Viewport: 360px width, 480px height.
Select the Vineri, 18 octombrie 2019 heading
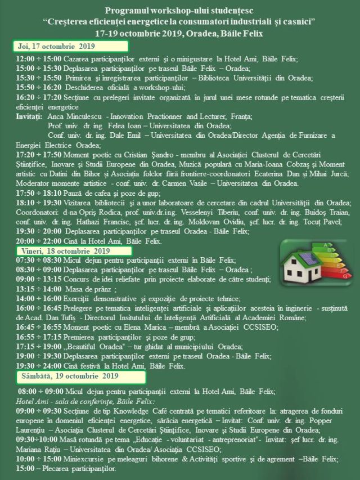(x=65, y=250)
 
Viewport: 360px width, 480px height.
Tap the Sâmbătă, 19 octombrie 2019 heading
(x=70, y=375)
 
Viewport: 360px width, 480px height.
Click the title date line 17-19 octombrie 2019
(x=179, y=33)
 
